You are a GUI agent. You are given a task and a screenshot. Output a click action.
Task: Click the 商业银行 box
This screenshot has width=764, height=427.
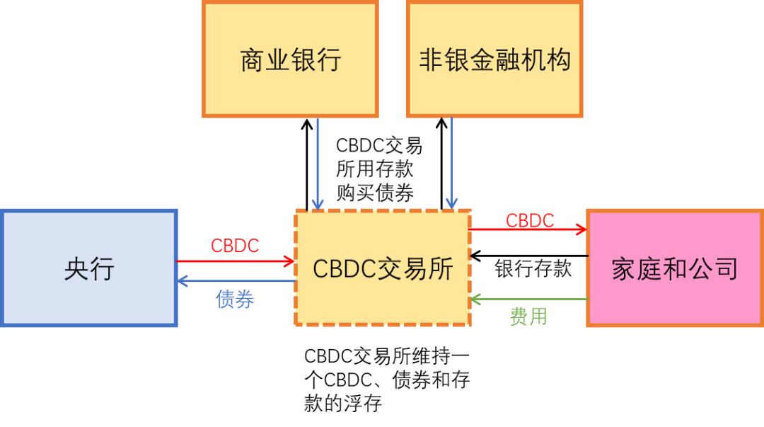click(290, 59)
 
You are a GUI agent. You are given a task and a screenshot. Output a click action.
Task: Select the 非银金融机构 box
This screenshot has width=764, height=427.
click(494, 59)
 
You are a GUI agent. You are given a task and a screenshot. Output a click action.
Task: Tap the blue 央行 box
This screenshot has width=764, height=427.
click(88, 268)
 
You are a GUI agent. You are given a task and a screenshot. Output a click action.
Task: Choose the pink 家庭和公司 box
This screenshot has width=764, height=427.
click(674, 268)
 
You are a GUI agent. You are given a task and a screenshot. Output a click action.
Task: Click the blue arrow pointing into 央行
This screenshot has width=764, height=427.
click(237, 282)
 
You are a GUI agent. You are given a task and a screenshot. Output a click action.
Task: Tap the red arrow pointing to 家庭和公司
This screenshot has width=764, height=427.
click(527, 229)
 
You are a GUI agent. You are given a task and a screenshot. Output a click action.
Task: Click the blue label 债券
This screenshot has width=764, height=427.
click(235, 300)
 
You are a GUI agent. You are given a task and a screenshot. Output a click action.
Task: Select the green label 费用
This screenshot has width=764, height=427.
click(528, 317)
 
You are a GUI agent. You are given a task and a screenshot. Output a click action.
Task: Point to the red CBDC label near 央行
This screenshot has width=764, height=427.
click(235, 246)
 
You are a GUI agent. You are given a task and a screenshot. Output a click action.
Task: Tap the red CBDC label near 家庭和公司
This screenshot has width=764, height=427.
click(530, 220)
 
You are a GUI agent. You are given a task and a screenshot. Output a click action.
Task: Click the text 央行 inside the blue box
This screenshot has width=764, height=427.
click(89, 269)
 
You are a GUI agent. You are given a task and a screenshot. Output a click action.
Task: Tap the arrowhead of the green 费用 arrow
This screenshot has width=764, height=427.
click(476, 300)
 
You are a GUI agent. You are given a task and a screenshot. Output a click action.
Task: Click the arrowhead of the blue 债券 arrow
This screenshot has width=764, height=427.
click(182, 282)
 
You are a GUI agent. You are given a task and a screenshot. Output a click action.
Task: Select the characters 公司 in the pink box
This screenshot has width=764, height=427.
click(713, 269)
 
